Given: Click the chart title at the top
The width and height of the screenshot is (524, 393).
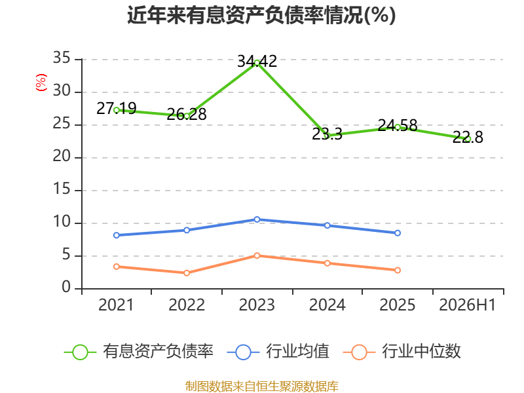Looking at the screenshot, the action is coord(261,15).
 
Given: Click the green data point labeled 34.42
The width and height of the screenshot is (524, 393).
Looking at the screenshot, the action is coord(257,63).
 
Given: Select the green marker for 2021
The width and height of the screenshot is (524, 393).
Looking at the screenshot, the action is coord(117,110).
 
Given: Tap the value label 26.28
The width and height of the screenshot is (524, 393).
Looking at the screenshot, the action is coord(187,114).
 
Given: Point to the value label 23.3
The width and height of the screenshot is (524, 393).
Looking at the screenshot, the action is coord(327,134).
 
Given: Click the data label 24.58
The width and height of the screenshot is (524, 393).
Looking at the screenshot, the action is coord(398,126).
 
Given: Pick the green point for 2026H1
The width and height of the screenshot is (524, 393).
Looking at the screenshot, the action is coord(468,139).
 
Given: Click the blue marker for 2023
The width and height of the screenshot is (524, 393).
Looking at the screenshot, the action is coord(257,219).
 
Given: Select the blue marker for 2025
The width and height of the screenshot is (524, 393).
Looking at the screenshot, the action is coord(398,233).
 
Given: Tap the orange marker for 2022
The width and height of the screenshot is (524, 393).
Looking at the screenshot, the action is coord(187,273).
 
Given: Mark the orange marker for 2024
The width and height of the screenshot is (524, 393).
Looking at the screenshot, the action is coord(327,263).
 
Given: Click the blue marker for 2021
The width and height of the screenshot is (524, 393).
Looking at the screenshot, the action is coord(117,235).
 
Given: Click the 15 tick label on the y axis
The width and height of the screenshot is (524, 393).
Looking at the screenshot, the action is coord(62,189).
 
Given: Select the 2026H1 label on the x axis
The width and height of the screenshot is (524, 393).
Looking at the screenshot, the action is coord(467,305).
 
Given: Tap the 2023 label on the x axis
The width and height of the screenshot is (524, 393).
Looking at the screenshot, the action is coord(257,305).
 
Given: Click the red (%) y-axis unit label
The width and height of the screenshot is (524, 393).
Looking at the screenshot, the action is coord(41,83).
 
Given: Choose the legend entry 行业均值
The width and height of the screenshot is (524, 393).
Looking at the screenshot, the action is coord(278,352).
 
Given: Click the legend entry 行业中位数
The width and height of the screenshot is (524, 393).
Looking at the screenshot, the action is coord(402,352).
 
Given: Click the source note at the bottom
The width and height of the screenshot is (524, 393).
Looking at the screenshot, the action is coord(262,386).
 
